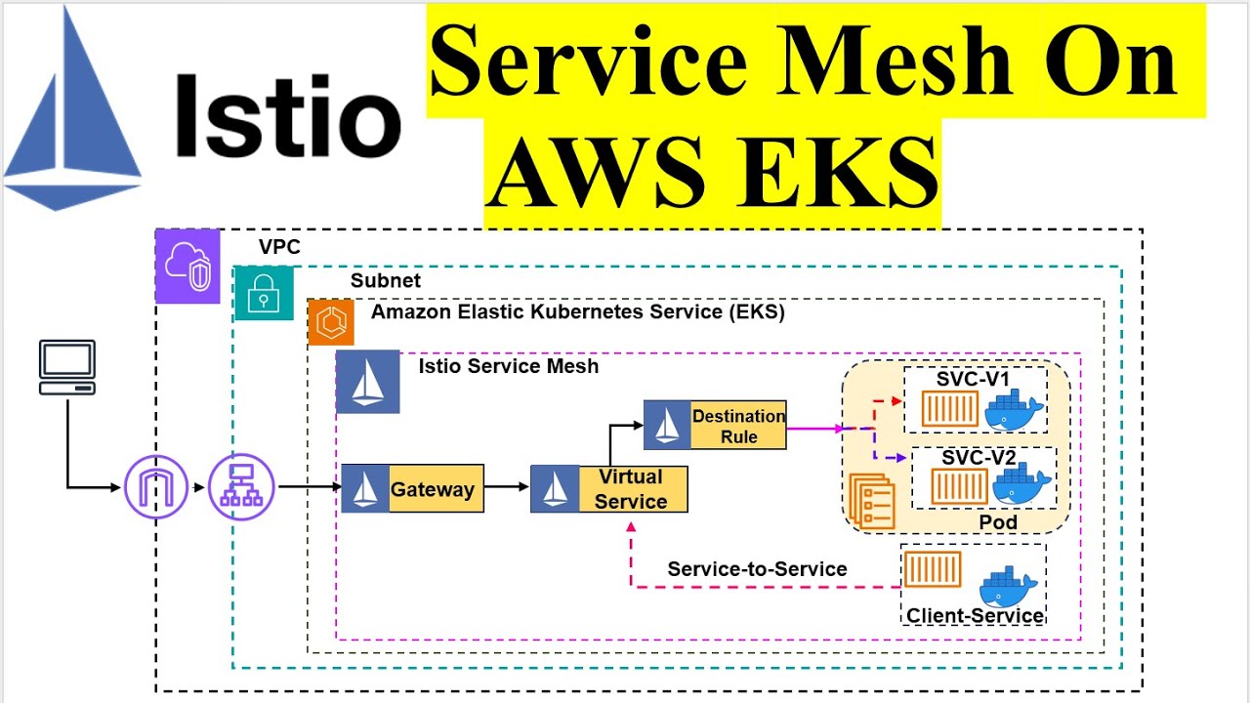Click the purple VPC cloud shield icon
pos(187,266)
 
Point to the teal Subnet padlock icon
pos(264,292)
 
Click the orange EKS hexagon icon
pos(331,322)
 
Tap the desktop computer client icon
pos(66,367)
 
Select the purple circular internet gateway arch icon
pos(156,486)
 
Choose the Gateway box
pos(412,489)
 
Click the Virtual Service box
pos(608,489)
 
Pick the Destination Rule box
pos(715,426)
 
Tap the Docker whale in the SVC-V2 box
pos(1021,485)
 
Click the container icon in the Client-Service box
pos(933,569)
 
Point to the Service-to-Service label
pos(757,569)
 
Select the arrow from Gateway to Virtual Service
pos(507,486)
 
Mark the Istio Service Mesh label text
pos(508,366)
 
